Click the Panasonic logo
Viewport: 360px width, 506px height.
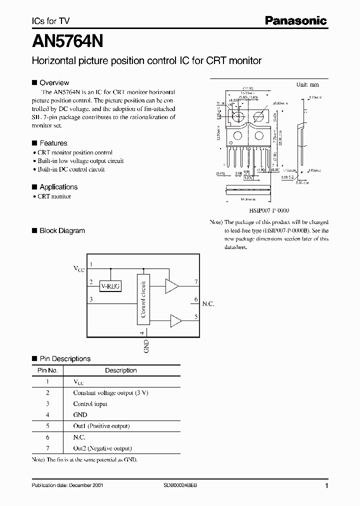click(x=295, y=20)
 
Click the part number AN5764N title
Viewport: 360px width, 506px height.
click(x=67, y=40)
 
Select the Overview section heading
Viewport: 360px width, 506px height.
click(x=54, y=83)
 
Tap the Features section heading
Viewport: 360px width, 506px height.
click(x=53, y=143)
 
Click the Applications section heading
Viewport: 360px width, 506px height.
click(x=58, y=187)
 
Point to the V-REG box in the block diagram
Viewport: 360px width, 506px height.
click(x=111, y=286)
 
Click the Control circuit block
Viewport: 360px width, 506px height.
click(x=143, y=299)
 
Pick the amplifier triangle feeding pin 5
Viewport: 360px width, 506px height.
click(x=175, y=320)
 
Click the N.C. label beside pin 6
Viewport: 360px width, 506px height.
click(x=208, y=303)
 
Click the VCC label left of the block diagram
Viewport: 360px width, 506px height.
click(x=79, y=269)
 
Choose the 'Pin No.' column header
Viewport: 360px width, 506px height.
click(x=48, y=370)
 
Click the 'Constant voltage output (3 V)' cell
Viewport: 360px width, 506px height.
click(x=110, y=392)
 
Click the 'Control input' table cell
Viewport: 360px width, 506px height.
click(x=90, y=404)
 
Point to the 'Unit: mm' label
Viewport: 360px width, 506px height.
click(x=307, y=85)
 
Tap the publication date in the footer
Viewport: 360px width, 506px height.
click(x=68, y=485)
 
